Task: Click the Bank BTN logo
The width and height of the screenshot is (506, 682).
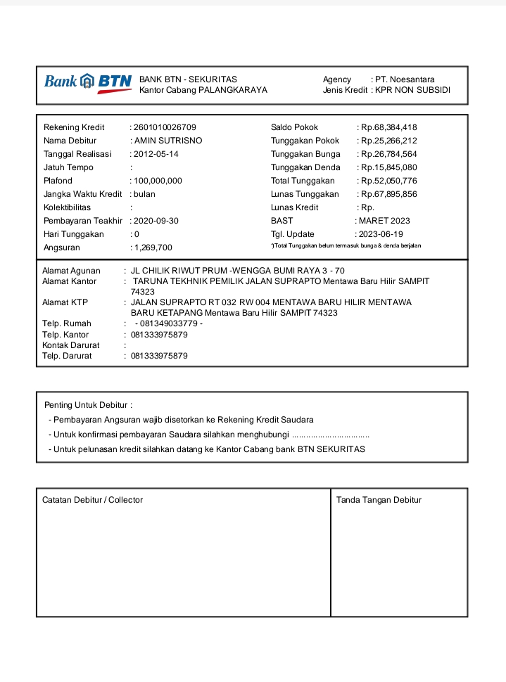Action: (x=88, y=83)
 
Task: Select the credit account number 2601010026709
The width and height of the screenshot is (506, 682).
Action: (x=165, y=127)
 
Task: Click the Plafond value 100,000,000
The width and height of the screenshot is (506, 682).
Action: (x=158, y=181)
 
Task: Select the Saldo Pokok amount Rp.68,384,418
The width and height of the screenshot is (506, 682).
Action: (x=389, y=127)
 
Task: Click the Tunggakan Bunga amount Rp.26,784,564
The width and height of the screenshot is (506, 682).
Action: (x=389, y=154)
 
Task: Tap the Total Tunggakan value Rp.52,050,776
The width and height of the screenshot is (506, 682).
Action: (x=389, y=181)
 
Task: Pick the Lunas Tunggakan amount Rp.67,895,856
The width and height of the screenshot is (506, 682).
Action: (x=389, y=194)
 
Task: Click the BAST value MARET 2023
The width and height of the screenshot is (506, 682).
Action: (x=384, y=221)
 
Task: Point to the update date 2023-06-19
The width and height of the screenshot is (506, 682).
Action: (x=381, y=234)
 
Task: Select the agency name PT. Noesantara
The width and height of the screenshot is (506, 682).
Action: (x=405, y=79)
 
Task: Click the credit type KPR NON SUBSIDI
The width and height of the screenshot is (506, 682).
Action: (x=412, y=90)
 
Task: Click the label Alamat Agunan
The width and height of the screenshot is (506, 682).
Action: (x=71, y=271)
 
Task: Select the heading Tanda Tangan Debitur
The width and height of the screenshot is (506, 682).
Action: (x=379, y=500)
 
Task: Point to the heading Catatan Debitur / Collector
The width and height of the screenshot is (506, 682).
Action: (x=92, y=500)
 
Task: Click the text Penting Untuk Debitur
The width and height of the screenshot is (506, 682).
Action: (x=88, y=405)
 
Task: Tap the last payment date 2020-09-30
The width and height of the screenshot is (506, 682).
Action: (x=157, y=221)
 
